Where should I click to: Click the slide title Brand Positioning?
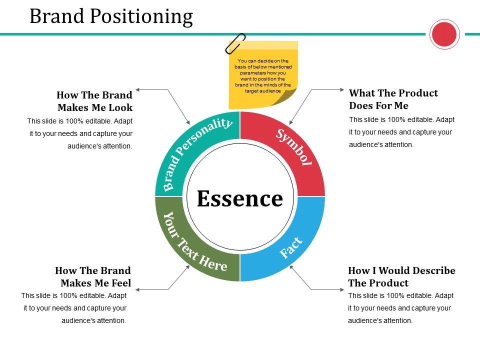pyautogui.click(x=111, y=16)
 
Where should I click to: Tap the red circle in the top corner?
pyautogui.click(x=444, y=34)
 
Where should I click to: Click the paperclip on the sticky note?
pyautogui.click(x=235, y=43)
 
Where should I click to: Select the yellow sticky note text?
pyautogui.click(x=263, y=75)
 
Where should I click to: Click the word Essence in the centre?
pyautogui.click(x=240, y=198)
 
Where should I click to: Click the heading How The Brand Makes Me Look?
pyautogui.click(x=94, y=101)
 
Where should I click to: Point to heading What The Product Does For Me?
pyautogui.click(x=393, y=99)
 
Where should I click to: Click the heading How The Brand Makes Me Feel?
pyautogui.click(x=93, y=276)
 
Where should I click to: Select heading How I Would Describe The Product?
pyautogui.click(x=401, y=276)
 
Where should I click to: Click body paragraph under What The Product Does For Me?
pyautogui.click(x=401, y=132)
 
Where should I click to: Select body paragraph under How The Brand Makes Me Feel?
pyautogui.click(x=74, y=308)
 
